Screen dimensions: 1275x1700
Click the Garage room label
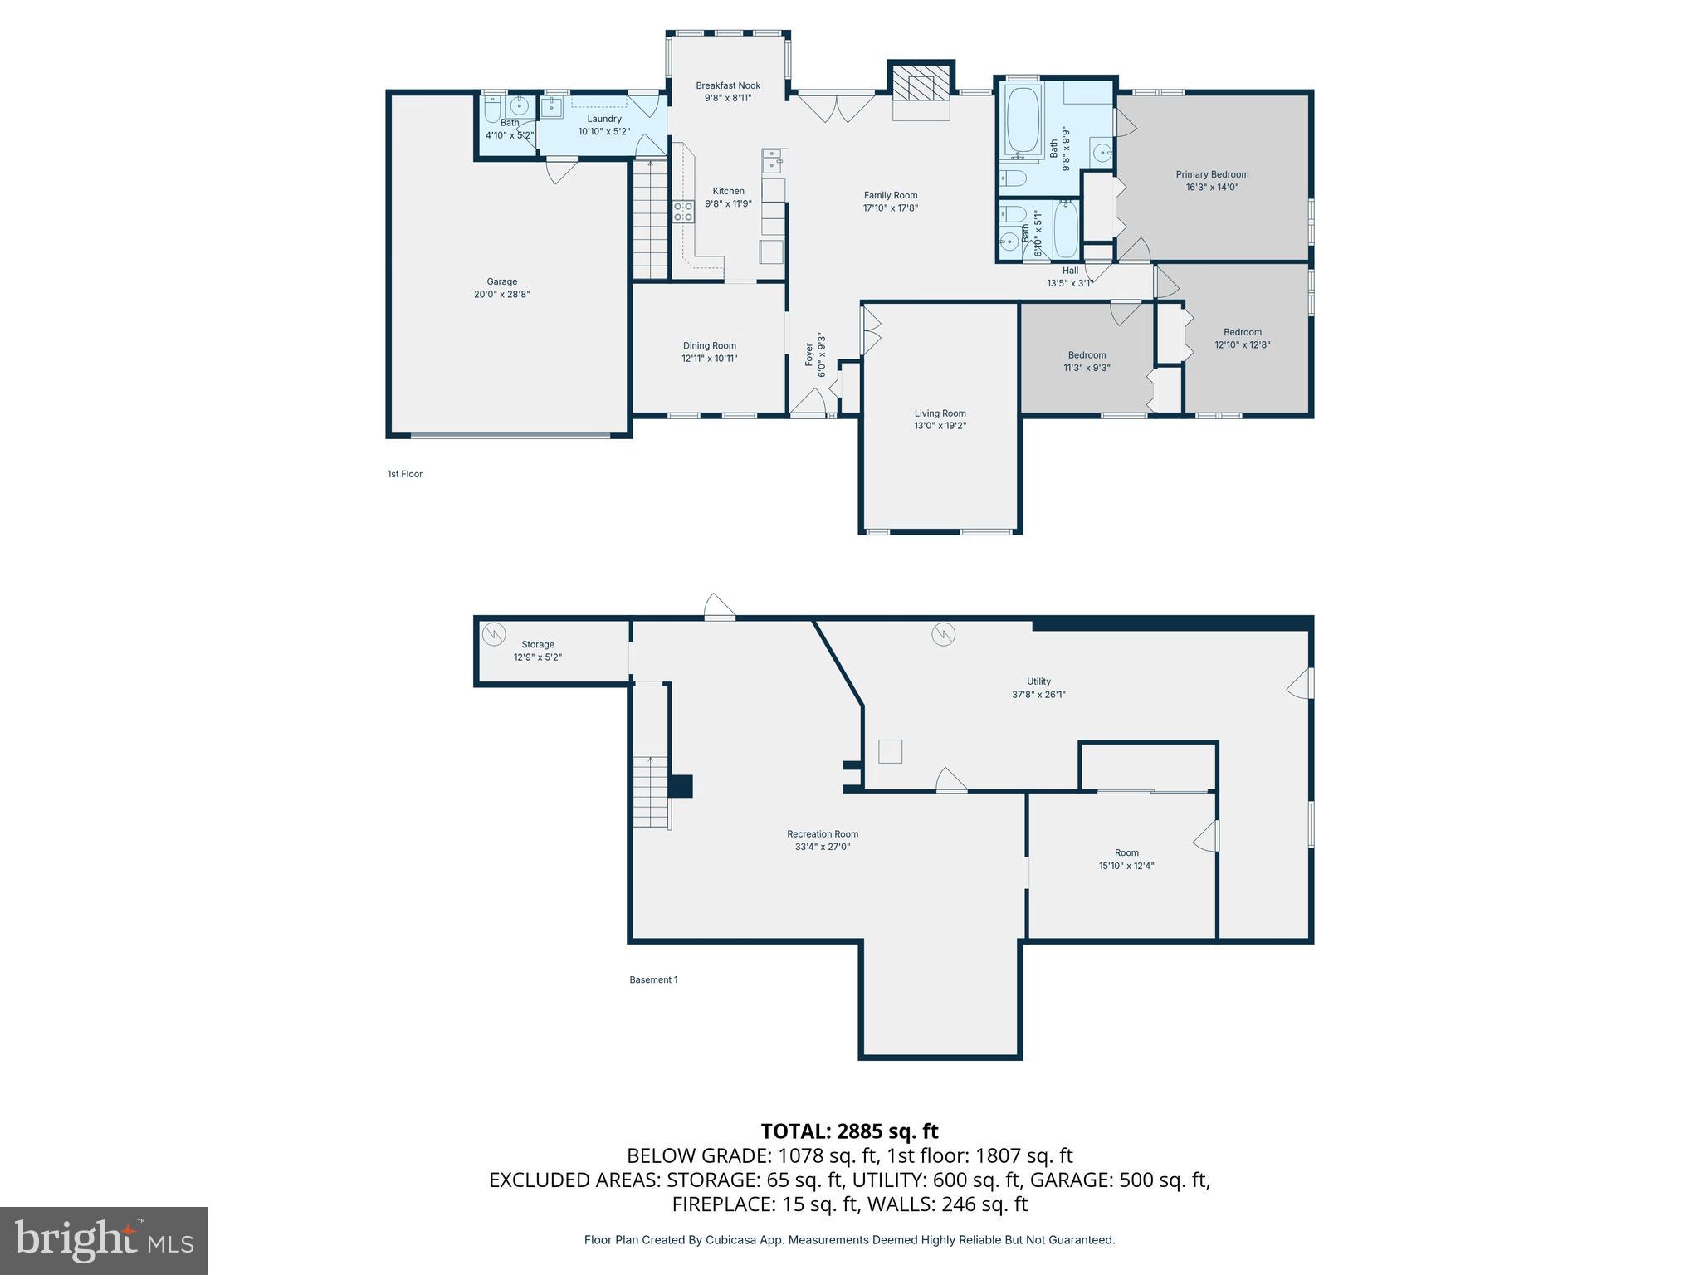click(x=501, y=281)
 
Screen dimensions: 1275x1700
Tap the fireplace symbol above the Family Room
click(x=921, y=85)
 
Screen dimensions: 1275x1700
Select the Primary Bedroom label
click(x=1212, y=174)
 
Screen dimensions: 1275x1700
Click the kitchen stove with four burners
click(x=683, y=211)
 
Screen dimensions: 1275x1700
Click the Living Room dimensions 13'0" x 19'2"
click(x=940, y=426)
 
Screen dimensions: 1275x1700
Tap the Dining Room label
click(x=709, y=346)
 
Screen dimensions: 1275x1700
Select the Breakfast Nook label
click(x=728, y=85)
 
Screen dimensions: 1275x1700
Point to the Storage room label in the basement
click(x=538, y=644)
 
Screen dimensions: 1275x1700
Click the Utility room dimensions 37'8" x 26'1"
click(x=1038, y=695)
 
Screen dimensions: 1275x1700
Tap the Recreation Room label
click(x=822, y=834)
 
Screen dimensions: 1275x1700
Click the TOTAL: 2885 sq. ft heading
click(x=849, y=1131)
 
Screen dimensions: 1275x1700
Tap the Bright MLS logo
click(x=104, y=1240)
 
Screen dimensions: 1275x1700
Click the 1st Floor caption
click(x=404, y=474)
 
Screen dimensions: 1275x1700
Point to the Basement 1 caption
click(x=653, y=979)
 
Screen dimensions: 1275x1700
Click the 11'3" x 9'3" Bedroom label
click(x=1087, y=355)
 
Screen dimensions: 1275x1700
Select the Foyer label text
click(x=809, y=355)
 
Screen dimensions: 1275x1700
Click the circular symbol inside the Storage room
click(x=495, y=634)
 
